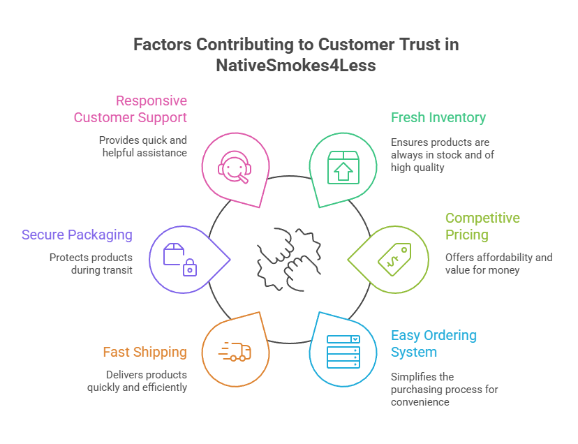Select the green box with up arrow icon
coord(342,168)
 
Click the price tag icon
coord(394,258)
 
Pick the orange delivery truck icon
coord(235,353)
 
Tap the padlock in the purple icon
coord(188,268)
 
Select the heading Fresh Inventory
coord(438,117)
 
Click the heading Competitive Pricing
coord(482,226)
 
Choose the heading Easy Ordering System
coord(433,343)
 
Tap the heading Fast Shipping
coord(144,352)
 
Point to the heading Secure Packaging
coord(77,235)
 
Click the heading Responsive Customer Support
coord(131,109)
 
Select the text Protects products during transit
coord(91,263)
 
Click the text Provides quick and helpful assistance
coord(142,146)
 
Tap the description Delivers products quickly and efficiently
coord(137,380)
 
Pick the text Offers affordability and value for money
coord(498,263)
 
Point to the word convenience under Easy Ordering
coord(420,401)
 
